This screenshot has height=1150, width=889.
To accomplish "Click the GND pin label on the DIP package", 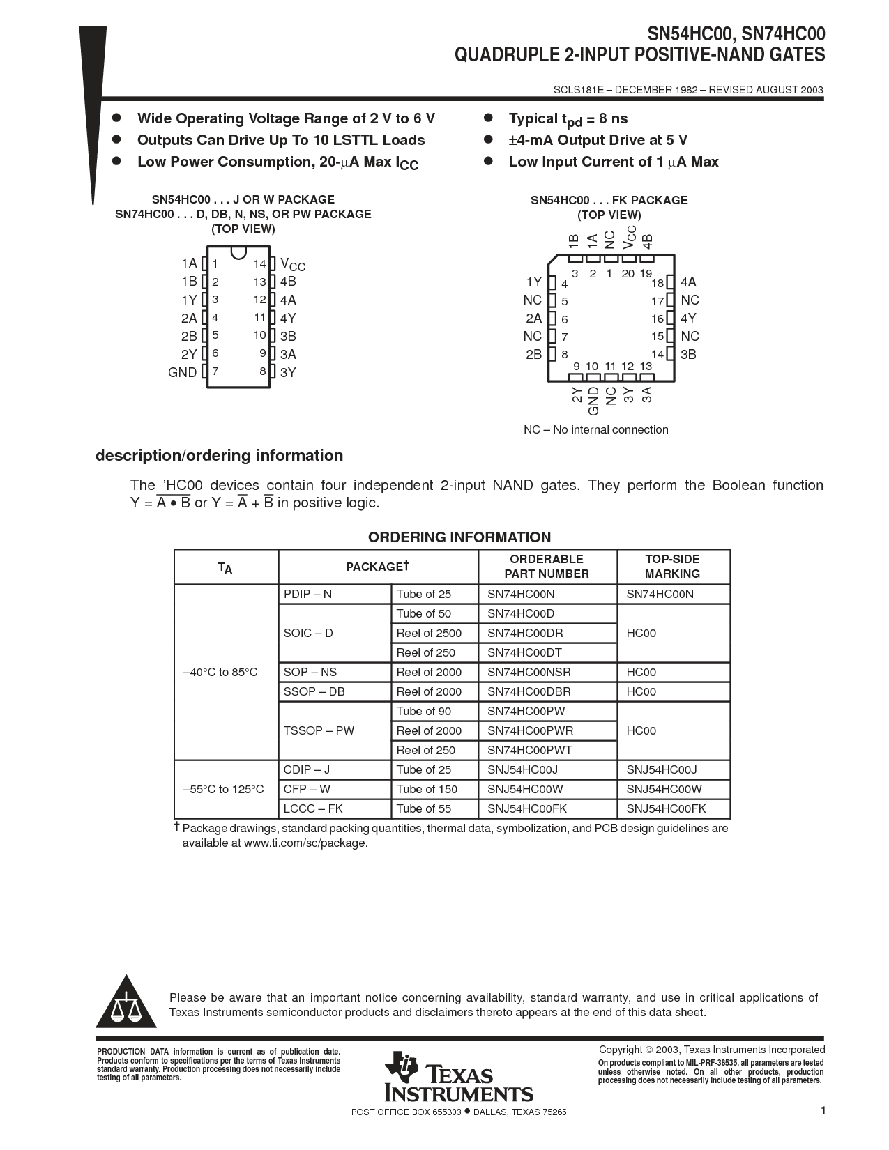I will coord(183,372).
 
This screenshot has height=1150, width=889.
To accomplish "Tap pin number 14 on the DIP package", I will coord(259,264).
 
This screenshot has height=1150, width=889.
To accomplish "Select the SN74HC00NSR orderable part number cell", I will coord(529,672).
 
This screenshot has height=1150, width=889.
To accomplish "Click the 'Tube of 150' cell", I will coord(427,789).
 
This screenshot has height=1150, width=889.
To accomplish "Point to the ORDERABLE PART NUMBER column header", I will coord(547,566).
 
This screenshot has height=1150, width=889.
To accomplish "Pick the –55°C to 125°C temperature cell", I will coord(224,789).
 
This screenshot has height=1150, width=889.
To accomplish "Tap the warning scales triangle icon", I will coord(126,1004).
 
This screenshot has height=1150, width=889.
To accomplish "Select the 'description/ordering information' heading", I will coord(219,455).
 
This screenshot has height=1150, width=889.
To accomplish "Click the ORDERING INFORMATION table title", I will coord(459,537).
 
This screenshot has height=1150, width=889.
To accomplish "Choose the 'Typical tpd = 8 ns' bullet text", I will coord(568,119).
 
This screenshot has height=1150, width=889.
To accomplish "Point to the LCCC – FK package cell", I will coord(313,808).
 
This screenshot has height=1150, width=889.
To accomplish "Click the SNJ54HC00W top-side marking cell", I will coord(664,789).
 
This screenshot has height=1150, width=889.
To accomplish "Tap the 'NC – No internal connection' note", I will coord(595,429).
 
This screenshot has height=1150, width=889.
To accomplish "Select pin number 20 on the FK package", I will coord(628,274).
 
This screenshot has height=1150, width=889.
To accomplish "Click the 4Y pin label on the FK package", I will coord(688,319).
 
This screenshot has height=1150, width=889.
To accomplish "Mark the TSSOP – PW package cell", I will coord(319,730).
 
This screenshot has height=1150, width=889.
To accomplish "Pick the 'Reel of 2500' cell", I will coord(429,633).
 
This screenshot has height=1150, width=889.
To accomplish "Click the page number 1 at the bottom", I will coord(823,1111).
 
